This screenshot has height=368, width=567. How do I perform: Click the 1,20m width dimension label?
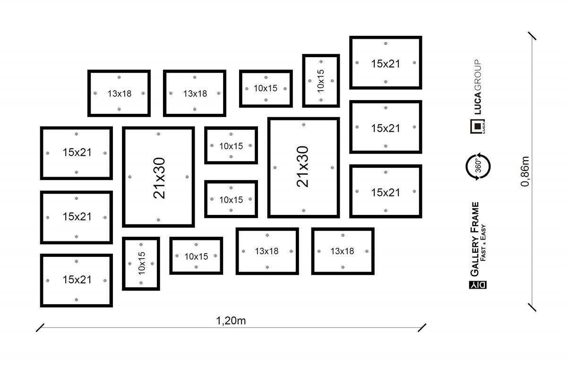tap(231, 321)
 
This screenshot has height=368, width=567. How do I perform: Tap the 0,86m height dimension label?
tap(525, 171)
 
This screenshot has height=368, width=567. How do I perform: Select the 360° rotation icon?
tap(478, 166)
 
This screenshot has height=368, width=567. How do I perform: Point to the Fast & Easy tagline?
tap(483, 240)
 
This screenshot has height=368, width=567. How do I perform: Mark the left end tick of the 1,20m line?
tap(40, 327)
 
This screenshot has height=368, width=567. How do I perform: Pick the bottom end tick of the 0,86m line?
tap(533, 308)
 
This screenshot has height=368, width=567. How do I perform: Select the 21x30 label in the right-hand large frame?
tap(302, 166)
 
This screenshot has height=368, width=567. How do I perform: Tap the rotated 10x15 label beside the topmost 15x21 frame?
tap(321, 81)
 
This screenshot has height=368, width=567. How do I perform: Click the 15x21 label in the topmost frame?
tap(386, 63)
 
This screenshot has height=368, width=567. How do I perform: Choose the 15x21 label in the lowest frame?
tap(77, 280)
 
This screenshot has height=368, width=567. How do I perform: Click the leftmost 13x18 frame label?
tap(120, 94)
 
